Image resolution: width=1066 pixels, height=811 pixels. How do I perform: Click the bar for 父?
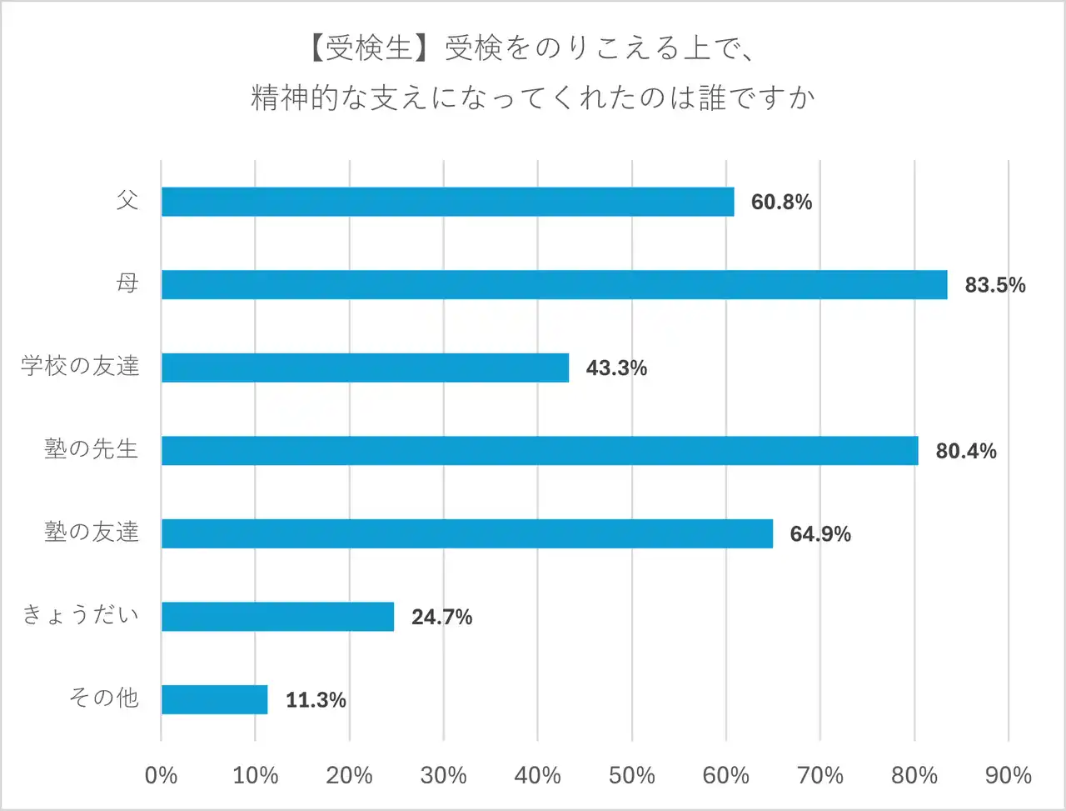(x=447, y=202)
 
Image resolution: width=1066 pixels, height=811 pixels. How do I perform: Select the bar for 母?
(x=554, y=284)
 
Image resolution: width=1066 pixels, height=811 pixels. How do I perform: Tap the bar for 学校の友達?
(x=365, y=368)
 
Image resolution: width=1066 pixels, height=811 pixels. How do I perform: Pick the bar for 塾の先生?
(x=540, y=450)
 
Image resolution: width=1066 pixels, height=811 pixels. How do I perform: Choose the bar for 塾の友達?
(x=466, y=533)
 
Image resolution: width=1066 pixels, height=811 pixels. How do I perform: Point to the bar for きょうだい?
(x=277, y=616)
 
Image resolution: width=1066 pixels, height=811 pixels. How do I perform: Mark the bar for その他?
(x=214, y=699)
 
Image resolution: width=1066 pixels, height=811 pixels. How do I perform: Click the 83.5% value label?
(x=994, y=285)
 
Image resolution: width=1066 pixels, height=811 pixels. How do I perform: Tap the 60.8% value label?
(x=781, y=203)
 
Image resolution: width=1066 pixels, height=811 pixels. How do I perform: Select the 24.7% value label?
(x=441, y=617)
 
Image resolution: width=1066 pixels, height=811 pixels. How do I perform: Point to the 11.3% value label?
(x=316, y=700)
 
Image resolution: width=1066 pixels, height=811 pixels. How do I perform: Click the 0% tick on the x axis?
(x=161, y=775)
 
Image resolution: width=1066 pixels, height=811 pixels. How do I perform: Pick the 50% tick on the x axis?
(x=631, y=775)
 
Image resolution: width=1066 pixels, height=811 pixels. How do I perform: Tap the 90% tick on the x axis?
(x=1008, y=775)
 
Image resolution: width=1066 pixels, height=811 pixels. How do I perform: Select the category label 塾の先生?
(x=91, y=449)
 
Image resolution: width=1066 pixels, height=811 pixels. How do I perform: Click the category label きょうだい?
(x=80, y=615)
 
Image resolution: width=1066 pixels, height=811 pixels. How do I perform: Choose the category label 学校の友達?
(x=80, y=366)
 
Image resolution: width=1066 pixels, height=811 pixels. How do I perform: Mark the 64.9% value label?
(x=819, y=534)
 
